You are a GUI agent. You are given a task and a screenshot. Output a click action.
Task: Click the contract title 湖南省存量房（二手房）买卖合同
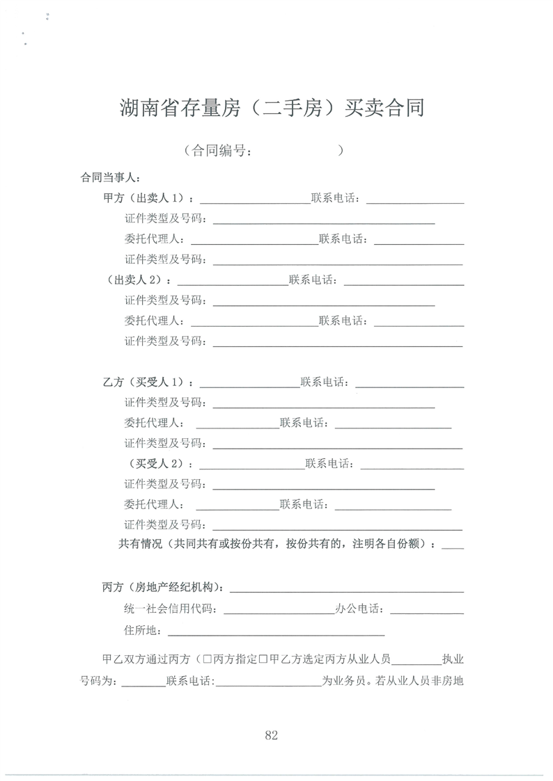pos(272,108)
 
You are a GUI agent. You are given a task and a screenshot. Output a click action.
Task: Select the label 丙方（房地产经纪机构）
pos(164,588)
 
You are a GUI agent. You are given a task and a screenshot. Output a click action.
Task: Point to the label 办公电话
pos(359,609)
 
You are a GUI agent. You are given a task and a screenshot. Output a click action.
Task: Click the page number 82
pos(272,735)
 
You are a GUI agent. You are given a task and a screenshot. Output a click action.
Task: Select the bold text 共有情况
pos(141,545)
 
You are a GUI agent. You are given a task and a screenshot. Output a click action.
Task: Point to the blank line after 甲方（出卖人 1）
pos(254,201)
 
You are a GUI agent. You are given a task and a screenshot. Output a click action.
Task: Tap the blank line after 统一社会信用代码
pos(279,611)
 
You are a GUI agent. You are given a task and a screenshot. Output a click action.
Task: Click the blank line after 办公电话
pos(427,611)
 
